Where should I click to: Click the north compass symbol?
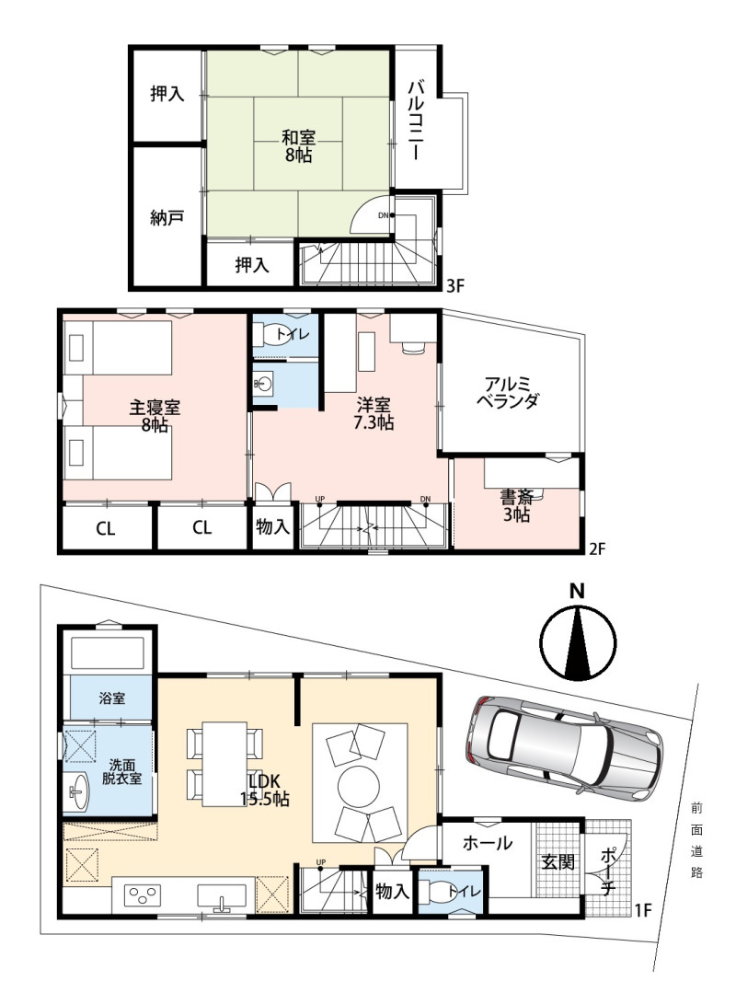click(x=577, y=640)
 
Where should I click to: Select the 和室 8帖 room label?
click(x=299, y=146)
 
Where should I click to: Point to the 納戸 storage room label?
click(x=167, y=218)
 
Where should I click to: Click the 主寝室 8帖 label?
click(x=155, y=416)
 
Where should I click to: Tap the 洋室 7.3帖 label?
click(x=374, y=413)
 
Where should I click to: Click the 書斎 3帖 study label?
click(x=516, y=506)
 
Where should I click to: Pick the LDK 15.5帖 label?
click(x=265, y=790)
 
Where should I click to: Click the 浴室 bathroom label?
click(x=112, y=698)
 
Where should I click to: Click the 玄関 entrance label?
click(x=558, y=862)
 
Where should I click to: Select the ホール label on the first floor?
click(x=487, y=843)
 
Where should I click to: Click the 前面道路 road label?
click(x=696, y=841)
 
